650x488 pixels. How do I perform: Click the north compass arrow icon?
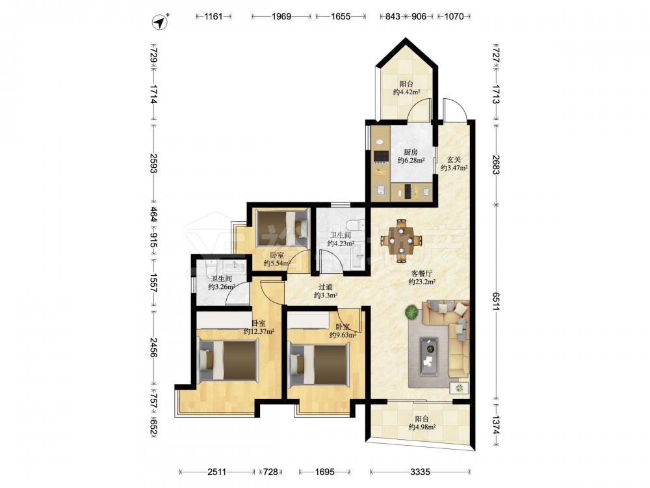click(x=160, y=21)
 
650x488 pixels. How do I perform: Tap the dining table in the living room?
click(x=401, y=241)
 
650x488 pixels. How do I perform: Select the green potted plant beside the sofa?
click(x=411, y=312)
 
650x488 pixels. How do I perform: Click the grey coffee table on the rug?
click(x=428, y=357)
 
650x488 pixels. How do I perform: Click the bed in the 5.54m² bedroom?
click(x=283, y=228)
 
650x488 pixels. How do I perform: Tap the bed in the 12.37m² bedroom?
click(x=227, y=360)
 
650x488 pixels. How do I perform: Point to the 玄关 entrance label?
click(x=454, y=159)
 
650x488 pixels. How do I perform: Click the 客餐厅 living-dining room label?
click(x=422, y=273)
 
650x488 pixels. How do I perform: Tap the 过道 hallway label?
click(x=326, y=287)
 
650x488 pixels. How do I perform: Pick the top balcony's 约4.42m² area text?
click(x=407, y=92)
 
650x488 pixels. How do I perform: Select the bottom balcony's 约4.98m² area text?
click(x=422, y=427)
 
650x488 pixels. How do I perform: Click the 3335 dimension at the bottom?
click(x=420, y=472)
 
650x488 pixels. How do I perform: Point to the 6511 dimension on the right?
click(x=496, y=301)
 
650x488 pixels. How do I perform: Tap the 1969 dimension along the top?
click(x=281, y=17)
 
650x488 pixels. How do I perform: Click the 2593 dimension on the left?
click(x=154, y=163)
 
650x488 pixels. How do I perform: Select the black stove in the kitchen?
click(x=381, y=156)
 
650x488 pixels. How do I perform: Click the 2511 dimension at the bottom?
click(x=217, y=472)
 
